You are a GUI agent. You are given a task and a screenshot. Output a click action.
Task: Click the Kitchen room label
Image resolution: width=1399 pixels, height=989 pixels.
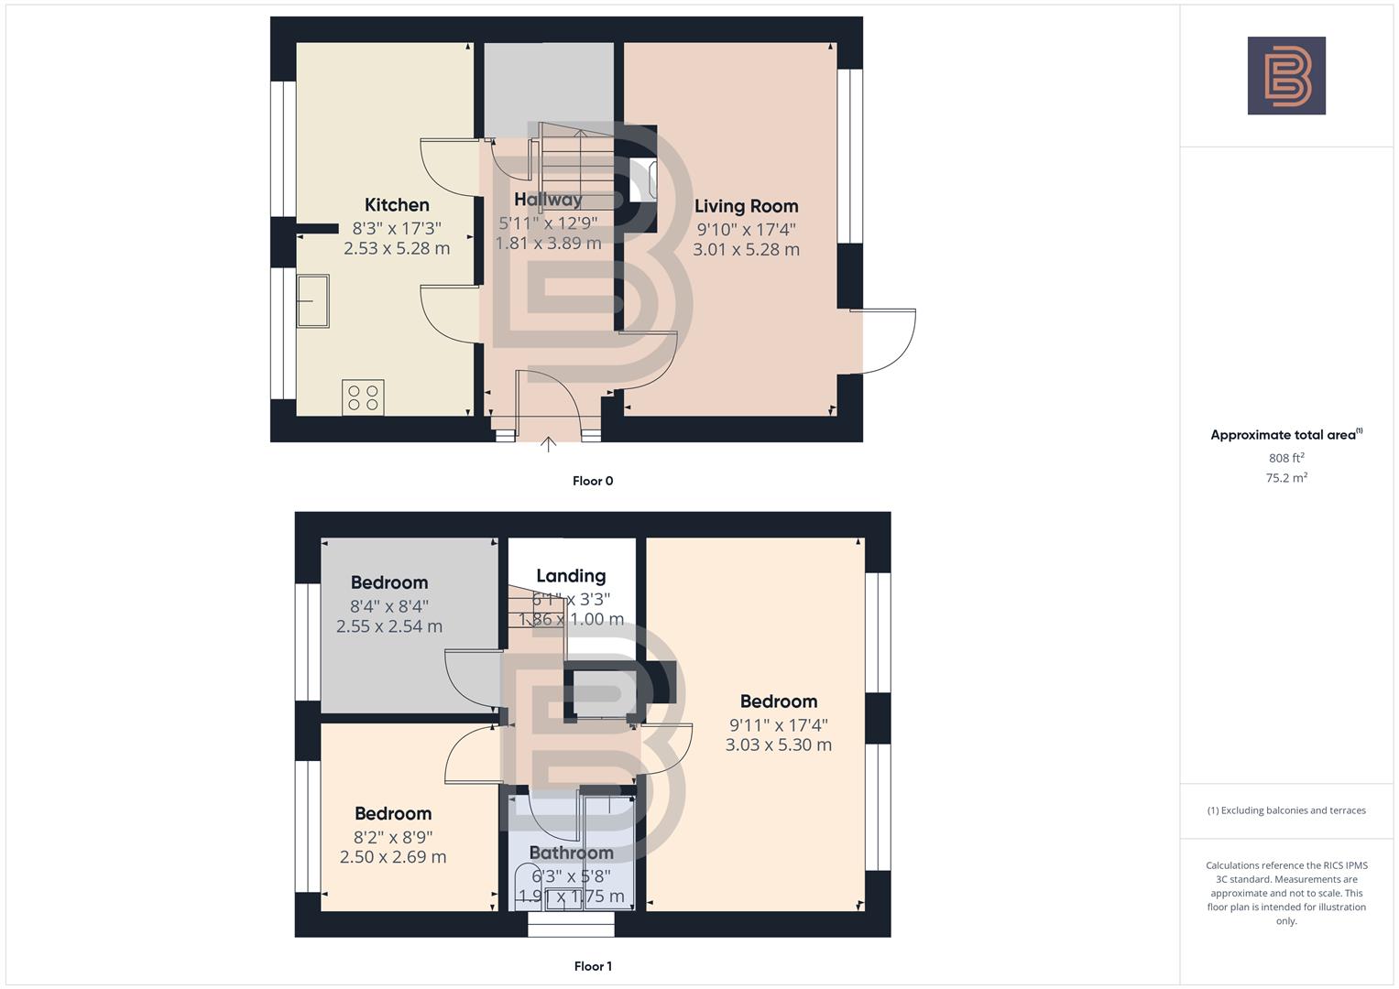[x=397, y=205]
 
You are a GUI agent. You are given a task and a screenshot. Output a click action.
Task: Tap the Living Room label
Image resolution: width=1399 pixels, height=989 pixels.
[x=746, y=206]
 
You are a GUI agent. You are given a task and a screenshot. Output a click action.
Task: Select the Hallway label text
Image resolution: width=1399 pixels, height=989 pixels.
[x=548, y=200]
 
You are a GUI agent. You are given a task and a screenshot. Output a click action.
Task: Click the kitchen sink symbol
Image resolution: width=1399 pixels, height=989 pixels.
[x=312, y=300]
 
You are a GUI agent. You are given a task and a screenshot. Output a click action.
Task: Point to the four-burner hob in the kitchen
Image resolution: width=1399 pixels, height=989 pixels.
[x=363, y=397]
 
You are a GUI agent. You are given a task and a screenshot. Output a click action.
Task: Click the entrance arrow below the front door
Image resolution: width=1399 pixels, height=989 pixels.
[x=548, y=445]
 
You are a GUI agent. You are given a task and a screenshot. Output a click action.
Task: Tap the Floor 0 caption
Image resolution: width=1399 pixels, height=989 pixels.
[x=593, y=481]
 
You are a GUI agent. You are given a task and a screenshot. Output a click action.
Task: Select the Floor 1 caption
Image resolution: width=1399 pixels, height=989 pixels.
[x=593, y=966]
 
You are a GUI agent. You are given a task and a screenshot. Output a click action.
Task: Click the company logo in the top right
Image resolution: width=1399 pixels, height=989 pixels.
[x=1286, y=76]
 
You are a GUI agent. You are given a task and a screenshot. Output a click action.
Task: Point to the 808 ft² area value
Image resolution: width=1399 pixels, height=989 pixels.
[x=1286, y=458]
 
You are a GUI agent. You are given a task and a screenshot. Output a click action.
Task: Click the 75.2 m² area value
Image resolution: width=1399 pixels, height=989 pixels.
[x=1286, y=477]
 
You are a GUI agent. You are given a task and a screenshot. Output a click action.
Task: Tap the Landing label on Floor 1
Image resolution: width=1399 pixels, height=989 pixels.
[x=571, y=576]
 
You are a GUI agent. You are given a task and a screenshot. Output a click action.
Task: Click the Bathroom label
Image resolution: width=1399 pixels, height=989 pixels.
[x=571, y=853]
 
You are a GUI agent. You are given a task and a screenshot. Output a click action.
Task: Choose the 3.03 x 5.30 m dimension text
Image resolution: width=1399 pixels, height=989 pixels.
[x=779, y=744]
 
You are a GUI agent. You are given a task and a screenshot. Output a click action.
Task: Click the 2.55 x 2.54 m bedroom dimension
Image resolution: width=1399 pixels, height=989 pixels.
[x=389, y=626]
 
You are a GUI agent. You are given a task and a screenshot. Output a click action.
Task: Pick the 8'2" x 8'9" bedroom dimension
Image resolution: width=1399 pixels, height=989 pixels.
[x=393, y=837]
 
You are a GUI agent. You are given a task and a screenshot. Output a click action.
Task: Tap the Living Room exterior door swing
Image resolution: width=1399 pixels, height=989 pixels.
[x=884, y=342]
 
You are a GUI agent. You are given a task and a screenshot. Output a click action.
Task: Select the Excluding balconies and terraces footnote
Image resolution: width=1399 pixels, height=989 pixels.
[x=1286, y=810]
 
